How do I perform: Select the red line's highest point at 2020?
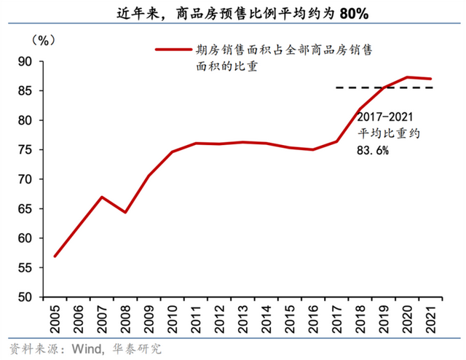click(x=411, y=77)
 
